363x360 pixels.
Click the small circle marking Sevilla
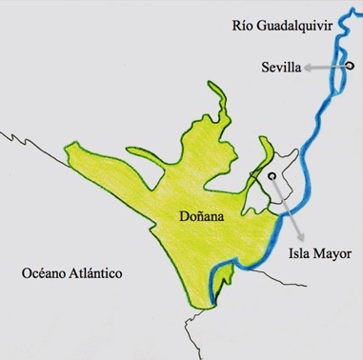pyautogui.click(x=350, y=66)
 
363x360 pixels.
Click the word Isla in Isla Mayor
pyautogui.click(x=299, y=254)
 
